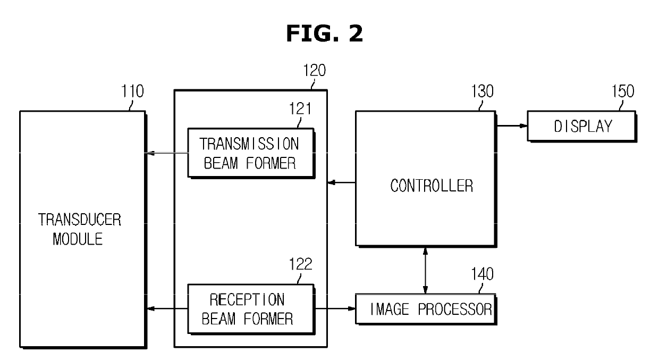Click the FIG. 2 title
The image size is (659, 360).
[x=325, y=34]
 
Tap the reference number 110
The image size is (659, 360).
[x=132, y=91]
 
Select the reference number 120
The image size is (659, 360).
[x=314, y=71]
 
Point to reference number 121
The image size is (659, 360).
[x=300, y=110]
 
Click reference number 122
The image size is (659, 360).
[x=300, y=264]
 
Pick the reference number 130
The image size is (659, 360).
[x=482, y=91]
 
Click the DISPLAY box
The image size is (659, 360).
[x=582, y=127]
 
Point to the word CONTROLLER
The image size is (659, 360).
[x=432, y=186]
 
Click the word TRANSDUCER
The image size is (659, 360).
[x=79, y=220]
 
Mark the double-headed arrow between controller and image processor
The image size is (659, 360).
[x=425, y=270]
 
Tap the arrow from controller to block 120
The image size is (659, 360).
[x=341, y=183]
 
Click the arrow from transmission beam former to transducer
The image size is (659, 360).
[x=167, y=154]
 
